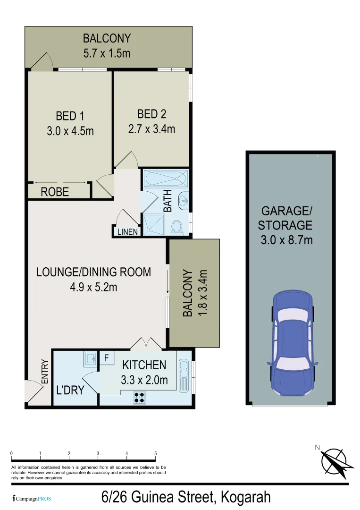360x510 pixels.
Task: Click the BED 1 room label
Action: [x=70, y=116]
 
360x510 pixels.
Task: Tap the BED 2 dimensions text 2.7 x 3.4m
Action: [x=151, y=128]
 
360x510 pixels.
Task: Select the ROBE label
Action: [x=55, y=192]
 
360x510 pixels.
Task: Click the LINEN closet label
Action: [x=127, y=232]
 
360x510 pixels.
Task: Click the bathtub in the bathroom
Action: [x=165, y=179]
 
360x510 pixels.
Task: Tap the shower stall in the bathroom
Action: [x=154, y=223]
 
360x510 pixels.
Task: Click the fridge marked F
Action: [x=107, y=358]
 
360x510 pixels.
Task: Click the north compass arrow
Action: [x=336, y=461]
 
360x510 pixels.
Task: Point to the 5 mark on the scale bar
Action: [x=156, y=454]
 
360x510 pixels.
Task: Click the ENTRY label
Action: [x=45, y=372]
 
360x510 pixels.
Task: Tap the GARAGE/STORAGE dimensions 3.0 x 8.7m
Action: [x=286, y=240]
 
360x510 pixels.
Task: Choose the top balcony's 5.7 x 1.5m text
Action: [x=107, y=53]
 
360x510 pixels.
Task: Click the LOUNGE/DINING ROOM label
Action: [x=93, y=272]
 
